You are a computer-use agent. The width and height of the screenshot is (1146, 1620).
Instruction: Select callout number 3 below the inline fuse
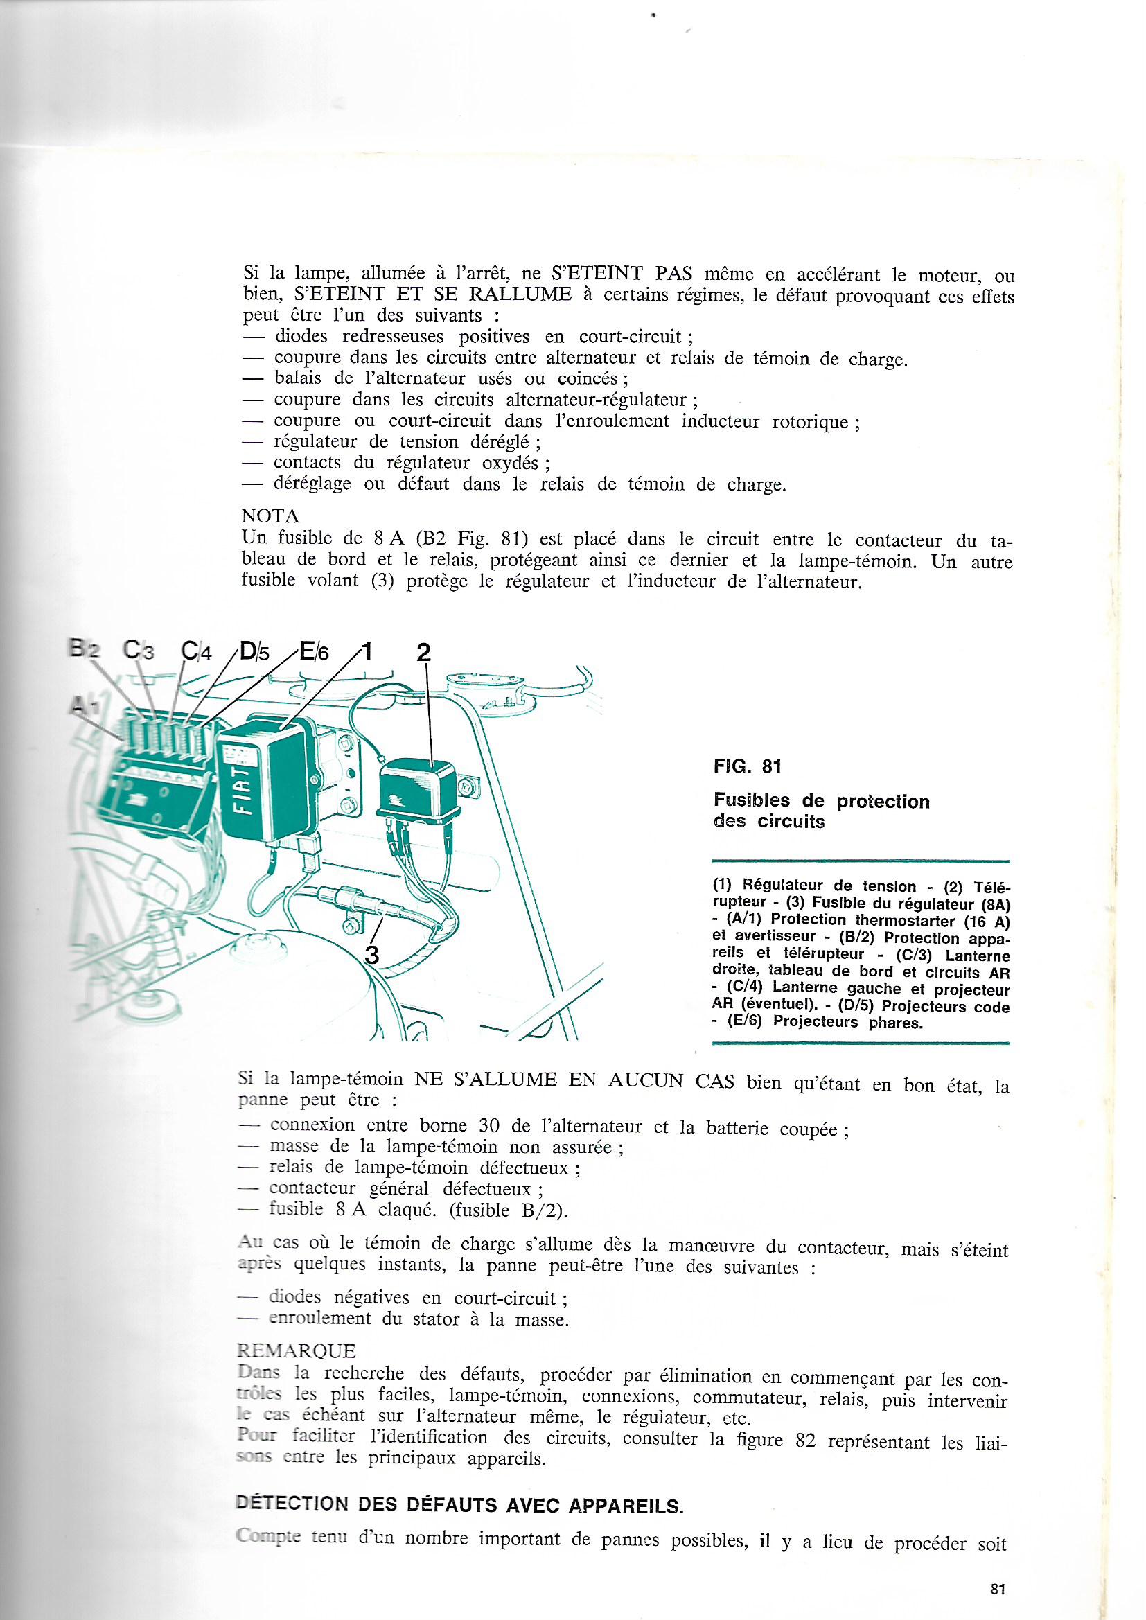pos(371,955)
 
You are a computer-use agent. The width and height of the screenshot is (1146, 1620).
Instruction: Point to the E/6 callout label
pos(314,650)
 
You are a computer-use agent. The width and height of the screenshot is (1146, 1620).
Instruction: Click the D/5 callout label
pos(254,650)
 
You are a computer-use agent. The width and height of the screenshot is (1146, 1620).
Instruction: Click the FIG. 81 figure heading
pos(748,766)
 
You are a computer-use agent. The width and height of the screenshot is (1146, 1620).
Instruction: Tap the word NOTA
pos(270,516)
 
